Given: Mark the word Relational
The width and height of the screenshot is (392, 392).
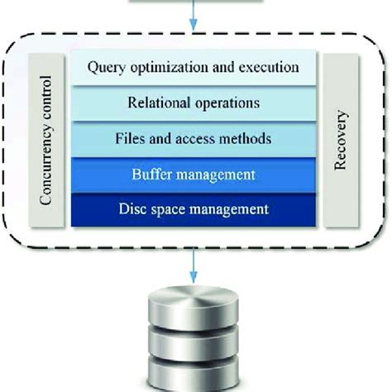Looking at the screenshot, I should (158, 103).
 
